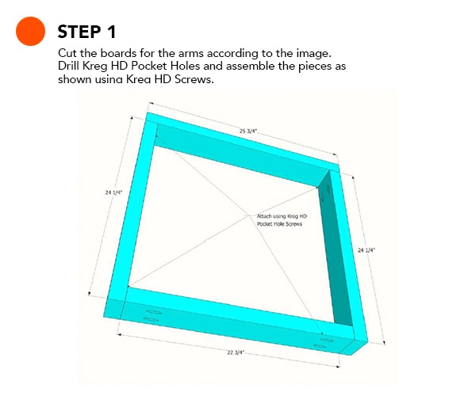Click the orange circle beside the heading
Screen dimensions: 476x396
(x=30, y=31)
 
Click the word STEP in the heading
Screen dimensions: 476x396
(x=79, y=32)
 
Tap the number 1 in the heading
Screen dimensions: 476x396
(x=111, y=32)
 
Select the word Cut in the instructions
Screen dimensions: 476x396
(x=67, y=53)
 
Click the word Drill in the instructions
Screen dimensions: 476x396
(x=69, y=66)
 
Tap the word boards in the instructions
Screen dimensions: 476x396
(x=118, y=53)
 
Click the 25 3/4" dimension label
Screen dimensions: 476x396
(x=248, y=131)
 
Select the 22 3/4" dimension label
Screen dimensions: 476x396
(x=236, y=352)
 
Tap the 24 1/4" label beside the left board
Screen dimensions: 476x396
(x=113, y=192)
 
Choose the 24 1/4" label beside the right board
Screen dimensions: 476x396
(x=367, y=250)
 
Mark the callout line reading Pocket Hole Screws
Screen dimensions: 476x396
(x=279, y=224)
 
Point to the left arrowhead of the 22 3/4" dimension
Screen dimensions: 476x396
(x=119, y=334)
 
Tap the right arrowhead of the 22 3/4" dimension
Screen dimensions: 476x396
(x=338, y=367)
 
